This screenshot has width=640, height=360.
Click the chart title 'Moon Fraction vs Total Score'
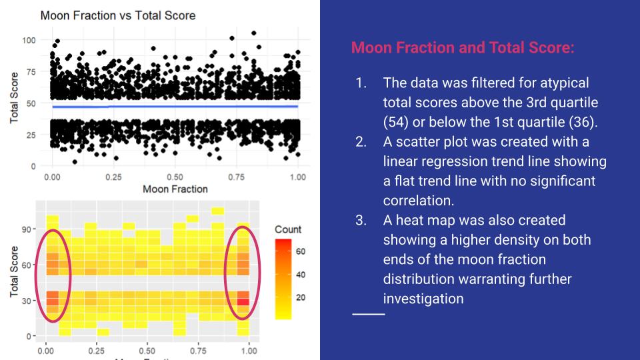[x=117, y=15]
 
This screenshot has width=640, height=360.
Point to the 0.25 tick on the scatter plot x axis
[x=113, y=177]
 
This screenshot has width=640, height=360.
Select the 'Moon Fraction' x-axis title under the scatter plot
[x=175, y=189]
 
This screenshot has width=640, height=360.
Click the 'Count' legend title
[x=287, y=229]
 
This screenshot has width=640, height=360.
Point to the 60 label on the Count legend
[x=300, y=251]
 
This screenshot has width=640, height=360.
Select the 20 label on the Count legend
[x=300, y=297]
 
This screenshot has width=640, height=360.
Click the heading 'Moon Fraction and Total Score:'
[x=462, y=48]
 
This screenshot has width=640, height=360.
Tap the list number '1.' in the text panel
[x=361, y=83]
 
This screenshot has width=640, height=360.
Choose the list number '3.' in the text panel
[x=361, y=220]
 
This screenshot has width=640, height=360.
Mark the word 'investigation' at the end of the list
[x=423, y=298]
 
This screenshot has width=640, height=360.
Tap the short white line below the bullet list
[x=368, y=313]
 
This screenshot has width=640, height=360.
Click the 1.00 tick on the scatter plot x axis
[x=298, y=177]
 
